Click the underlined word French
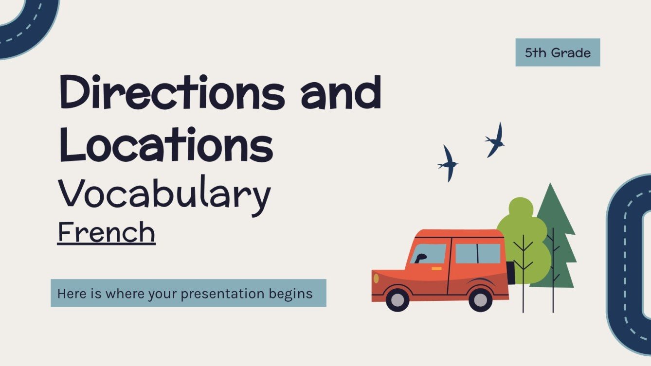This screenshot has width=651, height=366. point(106,232)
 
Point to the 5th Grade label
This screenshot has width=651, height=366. point(558,52)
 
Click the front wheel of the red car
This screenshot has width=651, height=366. point(398,299)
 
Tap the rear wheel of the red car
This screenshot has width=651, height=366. point(481,299)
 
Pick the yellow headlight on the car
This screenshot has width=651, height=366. point(376,279)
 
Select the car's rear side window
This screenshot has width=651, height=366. point(477,253)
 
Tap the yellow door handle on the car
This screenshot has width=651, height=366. point(436,268)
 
